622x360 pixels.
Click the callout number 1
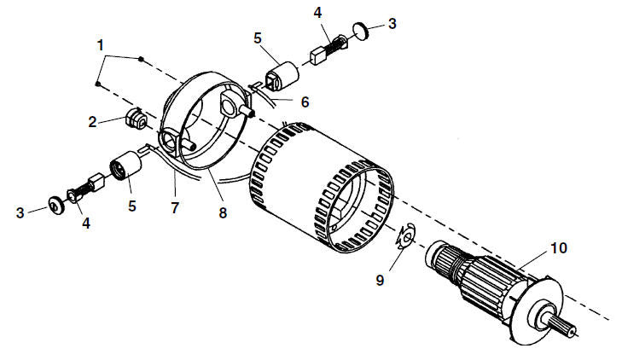(101, 45)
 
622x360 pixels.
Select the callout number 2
(92, 122)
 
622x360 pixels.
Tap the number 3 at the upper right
(392, 23)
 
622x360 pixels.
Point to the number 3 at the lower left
(20, 213)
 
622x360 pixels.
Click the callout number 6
(305, 102)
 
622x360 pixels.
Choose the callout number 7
(175, 207)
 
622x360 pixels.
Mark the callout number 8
(223, 213)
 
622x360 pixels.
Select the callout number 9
(380, 281)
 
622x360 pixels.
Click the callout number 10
(559, 248)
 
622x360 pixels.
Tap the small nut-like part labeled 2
(137, 119)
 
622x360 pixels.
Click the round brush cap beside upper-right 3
(361, 32)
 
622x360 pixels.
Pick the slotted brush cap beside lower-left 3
(55, 205)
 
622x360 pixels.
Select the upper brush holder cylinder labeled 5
(282, 77)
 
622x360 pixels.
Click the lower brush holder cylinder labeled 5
(125, 165)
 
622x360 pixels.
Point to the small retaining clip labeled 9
(405, 237)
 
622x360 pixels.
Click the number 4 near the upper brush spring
(317, 13)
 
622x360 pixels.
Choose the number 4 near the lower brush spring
(86, 224)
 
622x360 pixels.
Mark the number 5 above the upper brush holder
(258, 38)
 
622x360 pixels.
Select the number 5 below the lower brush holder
(132, 206)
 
